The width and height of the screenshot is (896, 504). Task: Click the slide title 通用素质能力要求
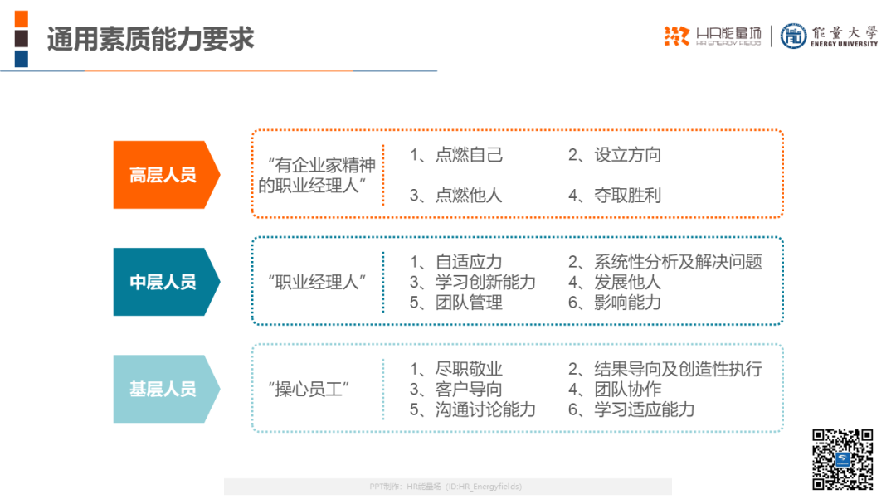150,40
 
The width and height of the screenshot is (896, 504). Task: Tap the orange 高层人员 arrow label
166,175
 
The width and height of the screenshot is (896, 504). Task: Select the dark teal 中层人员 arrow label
166,282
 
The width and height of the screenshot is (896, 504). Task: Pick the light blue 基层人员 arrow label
166,389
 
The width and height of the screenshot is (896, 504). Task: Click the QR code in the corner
843,459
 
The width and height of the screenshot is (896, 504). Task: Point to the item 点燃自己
469,155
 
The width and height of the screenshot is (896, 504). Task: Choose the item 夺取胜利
627,196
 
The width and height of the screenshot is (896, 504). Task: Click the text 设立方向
627,155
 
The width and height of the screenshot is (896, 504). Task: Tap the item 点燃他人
469,196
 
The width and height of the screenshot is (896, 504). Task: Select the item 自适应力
469,262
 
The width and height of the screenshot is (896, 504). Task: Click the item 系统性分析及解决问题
678,262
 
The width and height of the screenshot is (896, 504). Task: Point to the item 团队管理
469,303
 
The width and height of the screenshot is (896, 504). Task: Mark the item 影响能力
627,303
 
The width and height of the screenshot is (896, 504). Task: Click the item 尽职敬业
469,369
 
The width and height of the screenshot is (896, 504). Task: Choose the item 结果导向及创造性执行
678,369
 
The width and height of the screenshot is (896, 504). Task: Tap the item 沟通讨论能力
485,409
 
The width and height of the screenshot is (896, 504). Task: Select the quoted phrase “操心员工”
309,390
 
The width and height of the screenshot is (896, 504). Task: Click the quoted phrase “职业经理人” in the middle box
317,282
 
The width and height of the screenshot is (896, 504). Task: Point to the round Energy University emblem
793,36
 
